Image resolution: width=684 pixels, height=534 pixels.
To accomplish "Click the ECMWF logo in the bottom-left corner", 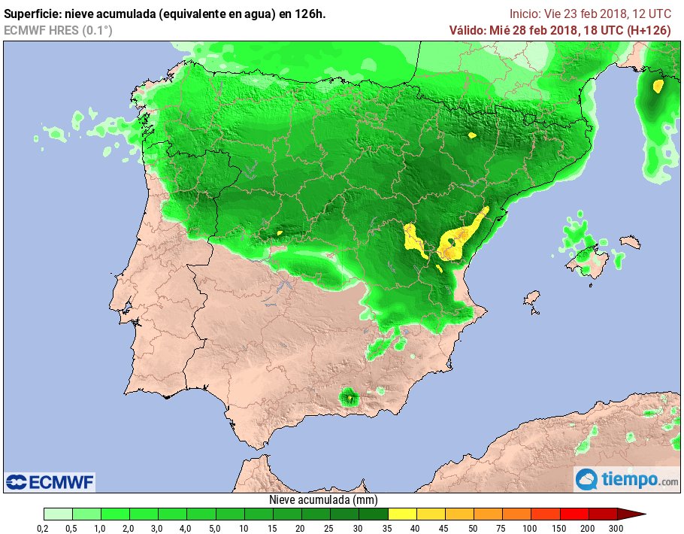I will [50, 481].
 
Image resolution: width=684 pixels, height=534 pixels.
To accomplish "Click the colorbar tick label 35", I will [388, 528].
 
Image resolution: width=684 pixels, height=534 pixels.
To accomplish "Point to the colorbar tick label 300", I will [616, 528].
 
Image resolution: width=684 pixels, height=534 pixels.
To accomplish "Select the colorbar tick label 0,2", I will [44, 528].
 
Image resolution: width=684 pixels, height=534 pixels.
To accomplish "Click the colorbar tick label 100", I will [531, 528].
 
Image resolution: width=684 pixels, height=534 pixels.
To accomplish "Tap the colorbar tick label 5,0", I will [216, 528].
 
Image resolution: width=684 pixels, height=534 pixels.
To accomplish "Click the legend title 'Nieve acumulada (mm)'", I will [323, 500].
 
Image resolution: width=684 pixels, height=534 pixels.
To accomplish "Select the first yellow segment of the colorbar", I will [402, 514].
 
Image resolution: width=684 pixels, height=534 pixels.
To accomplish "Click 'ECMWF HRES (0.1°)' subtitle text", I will [58, 30].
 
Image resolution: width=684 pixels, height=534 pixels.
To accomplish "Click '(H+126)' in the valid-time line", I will [653, 30].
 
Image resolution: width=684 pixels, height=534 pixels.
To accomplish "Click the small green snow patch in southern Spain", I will [349, 396].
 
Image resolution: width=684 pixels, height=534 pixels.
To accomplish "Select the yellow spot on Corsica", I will [658, 86].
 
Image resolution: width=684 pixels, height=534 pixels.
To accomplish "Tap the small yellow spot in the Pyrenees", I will [472, 135].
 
